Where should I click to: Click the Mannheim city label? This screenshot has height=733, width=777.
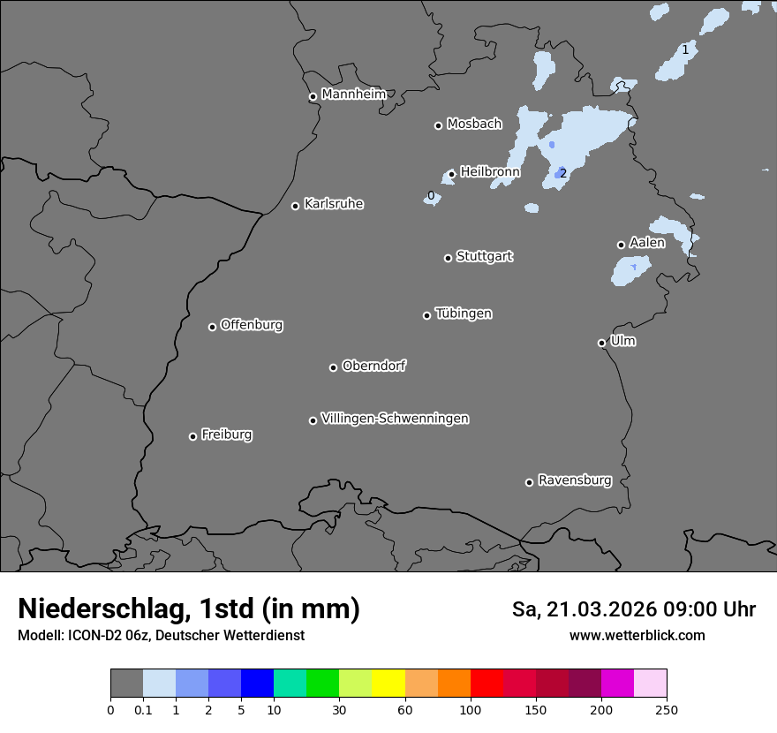(x=353, y=94)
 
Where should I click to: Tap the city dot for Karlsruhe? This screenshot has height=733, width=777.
(x=296, y=207)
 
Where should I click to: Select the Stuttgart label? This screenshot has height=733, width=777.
(x=484, y=256)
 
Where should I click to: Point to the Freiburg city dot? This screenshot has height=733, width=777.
(x=192, y=436)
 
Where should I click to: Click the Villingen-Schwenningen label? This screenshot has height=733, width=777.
(x=395, y=419)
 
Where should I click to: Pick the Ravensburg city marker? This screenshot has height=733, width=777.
(x=530, y=482)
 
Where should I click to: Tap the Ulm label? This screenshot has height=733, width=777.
(x=622, y=341)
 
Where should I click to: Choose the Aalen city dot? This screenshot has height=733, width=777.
(x=621, y=245)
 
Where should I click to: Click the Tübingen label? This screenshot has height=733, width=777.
(x=464, y=314)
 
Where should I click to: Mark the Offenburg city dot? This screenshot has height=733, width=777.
(x=212, y=327)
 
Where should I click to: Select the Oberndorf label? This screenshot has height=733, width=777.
(x=373, y=366)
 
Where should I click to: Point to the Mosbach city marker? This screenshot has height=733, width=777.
(x=438, y=125)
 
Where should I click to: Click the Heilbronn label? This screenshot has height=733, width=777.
(x=490, y=171)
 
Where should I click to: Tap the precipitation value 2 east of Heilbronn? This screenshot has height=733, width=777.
(x=563, y=173)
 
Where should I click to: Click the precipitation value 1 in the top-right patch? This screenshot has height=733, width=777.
(x=685, y=49)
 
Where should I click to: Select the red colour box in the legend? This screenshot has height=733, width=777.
(x=487, y=684)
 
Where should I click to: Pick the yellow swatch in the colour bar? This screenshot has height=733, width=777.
(x=388, y=684)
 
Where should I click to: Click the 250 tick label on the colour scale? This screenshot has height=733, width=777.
(x=667, y=709)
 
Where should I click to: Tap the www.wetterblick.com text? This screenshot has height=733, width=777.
(x=637, y=635)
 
